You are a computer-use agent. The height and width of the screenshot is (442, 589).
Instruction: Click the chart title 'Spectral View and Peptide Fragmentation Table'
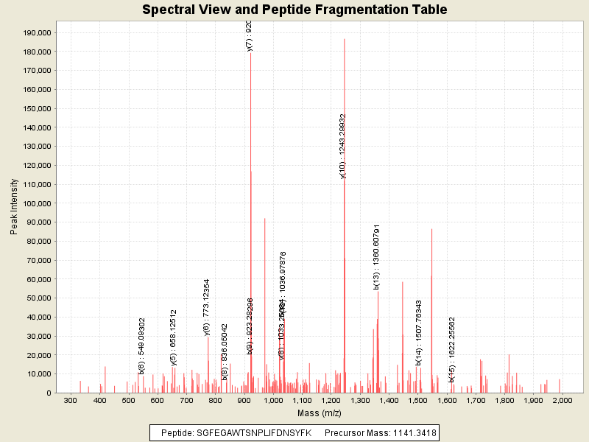[294, 10]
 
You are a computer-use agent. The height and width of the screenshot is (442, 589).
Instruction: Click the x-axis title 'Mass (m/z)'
[319, 413]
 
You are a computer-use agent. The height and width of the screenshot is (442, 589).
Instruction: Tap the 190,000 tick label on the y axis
[35, 33]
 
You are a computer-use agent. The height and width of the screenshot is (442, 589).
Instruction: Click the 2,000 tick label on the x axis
[562, 400]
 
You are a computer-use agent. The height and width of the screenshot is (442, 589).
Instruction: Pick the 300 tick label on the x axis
[71, 400]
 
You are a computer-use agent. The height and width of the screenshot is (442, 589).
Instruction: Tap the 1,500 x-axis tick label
[417, 400]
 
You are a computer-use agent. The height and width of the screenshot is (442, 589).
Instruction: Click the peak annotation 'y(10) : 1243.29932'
[343, 146]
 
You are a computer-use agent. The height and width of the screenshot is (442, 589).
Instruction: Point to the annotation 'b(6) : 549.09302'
[142, 346]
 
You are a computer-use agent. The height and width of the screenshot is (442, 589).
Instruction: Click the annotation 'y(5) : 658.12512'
[174, 337]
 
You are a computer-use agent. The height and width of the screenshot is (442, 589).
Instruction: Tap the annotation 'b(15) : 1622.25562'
[452, 345]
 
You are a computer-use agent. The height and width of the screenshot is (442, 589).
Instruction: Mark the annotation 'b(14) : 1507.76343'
[419, 333]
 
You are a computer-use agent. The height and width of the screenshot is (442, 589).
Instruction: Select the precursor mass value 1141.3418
[415, 433]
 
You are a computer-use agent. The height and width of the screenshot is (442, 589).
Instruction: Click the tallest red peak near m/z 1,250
[345, 221]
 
